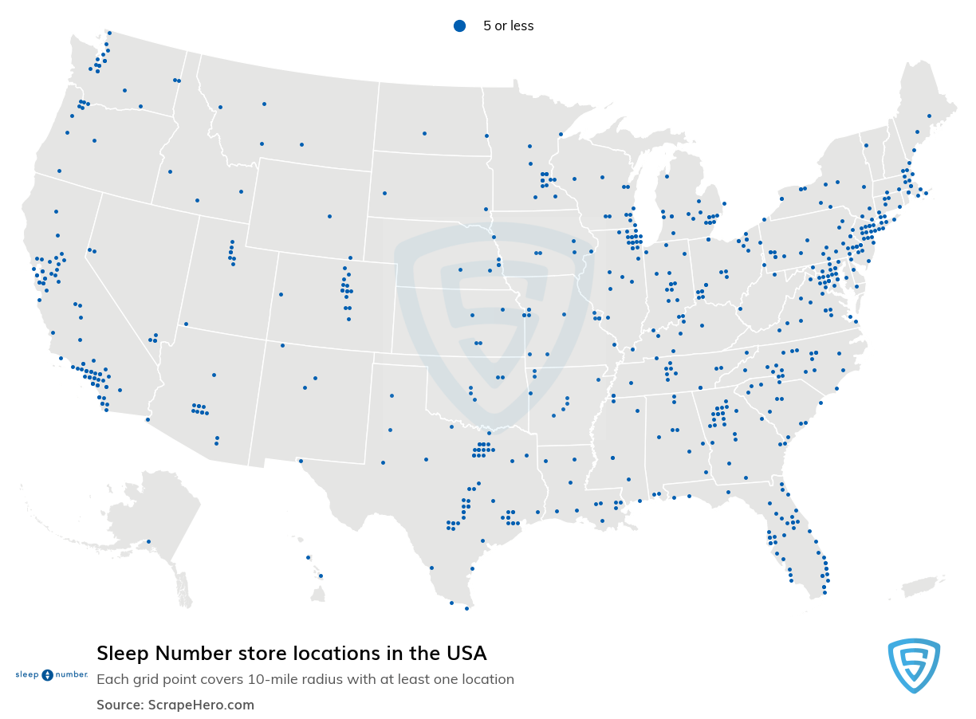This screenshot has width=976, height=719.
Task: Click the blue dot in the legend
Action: point(459,26)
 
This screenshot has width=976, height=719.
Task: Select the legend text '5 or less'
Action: point(508,26)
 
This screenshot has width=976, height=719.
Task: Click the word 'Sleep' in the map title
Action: point(124,654)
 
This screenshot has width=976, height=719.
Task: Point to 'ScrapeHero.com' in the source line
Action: point(201,705)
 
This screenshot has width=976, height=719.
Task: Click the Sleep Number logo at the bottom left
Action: point(51,674)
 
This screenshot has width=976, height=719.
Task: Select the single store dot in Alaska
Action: point(148,542)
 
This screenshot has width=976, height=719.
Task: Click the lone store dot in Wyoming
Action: point(329,216)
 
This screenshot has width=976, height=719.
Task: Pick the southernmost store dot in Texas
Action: point(466,608)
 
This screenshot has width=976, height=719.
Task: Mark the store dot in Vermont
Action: point(865,145)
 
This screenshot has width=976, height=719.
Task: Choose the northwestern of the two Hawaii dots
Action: point(308,557)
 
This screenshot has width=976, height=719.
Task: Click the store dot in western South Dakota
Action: point(384,193)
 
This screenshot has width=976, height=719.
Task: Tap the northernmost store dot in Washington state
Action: point(109,33)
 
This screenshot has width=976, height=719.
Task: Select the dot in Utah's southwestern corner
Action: point(186,324)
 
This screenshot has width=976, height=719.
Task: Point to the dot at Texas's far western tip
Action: point(301,461)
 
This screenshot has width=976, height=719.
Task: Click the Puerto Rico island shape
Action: point(923,587)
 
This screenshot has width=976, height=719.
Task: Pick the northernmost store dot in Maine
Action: point(929,116)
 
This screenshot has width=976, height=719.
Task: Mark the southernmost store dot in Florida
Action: point(824,592)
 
